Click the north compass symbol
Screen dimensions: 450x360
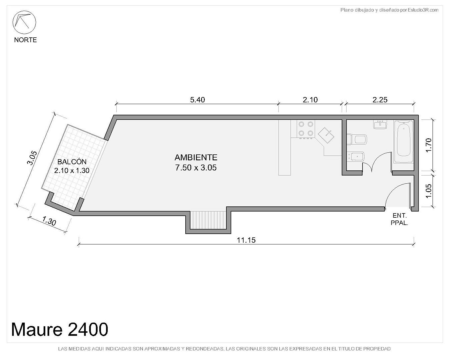[24, 22]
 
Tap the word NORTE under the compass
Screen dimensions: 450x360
[25, 40]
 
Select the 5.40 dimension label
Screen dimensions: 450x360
[197, 100]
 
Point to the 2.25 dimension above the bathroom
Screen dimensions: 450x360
[380, 100]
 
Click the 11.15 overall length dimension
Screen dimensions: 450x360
[246, 240]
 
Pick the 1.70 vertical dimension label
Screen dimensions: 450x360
[428, 145]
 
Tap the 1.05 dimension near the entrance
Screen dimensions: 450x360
[428, 191]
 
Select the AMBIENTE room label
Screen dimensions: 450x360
[196, 157]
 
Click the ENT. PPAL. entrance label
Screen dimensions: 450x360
[399, 219]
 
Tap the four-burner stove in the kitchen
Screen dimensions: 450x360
[306, 129]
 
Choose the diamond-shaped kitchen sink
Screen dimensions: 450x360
[326, 135]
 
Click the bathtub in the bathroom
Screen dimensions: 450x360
[404, 141]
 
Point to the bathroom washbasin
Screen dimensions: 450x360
[380, 124]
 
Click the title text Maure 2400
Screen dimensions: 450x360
[60, 329]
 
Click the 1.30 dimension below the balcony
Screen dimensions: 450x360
[49, 221]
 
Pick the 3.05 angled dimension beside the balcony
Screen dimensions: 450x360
[32, 158]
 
